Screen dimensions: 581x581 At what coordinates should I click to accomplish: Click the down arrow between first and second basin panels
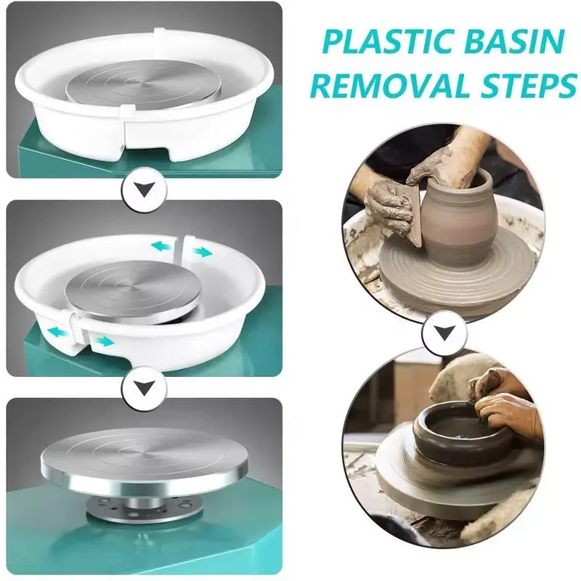pos(145,190)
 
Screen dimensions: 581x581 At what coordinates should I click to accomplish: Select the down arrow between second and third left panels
pos(145,388)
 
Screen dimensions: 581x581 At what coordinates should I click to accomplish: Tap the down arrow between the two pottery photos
pos(444,333)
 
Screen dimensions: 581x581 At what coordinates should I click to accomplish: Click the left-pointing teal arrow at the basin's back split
pos(161,245)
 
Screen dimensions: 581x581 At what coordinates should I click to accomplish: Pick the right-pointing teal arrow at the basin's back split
pos(203,252)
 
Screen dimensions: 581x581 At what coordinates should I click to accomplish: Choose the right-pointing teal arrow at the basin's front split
pos(103,341)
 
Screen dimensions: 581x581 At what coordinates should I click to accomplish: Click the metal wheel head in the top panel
pos(143,84)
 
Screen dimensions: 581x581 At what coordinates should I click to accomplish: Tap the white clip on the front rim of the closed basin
pos(126,110)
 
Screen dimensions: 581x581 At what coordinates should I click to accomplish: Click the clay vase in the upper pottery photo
pos(459,219)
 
